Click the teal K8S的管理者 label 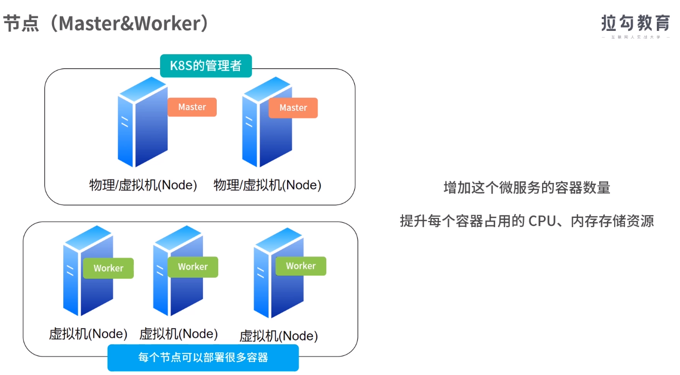pos(206,66)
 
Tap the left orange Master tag pos(192,107)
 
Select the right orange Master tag pos(293,108)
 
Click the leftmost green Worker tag pos(108,268)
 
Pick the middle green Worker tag pos(193,267)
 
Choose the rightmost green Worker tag pos(301,266)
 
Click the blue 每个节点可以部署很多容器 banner pos(203,357)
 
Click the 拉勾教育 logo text pos(636,23)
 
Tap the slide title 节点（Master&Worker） pos(107,23)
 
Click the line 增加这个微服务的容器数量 pos(527,187)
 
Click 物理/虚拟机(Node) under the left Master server pos(143,185)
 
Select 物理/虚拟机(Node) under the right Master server pos(267,185)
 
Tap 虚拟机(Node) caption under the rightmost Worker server pos(278,336)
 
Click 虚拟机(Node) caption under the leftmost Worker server pos(88,334)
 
